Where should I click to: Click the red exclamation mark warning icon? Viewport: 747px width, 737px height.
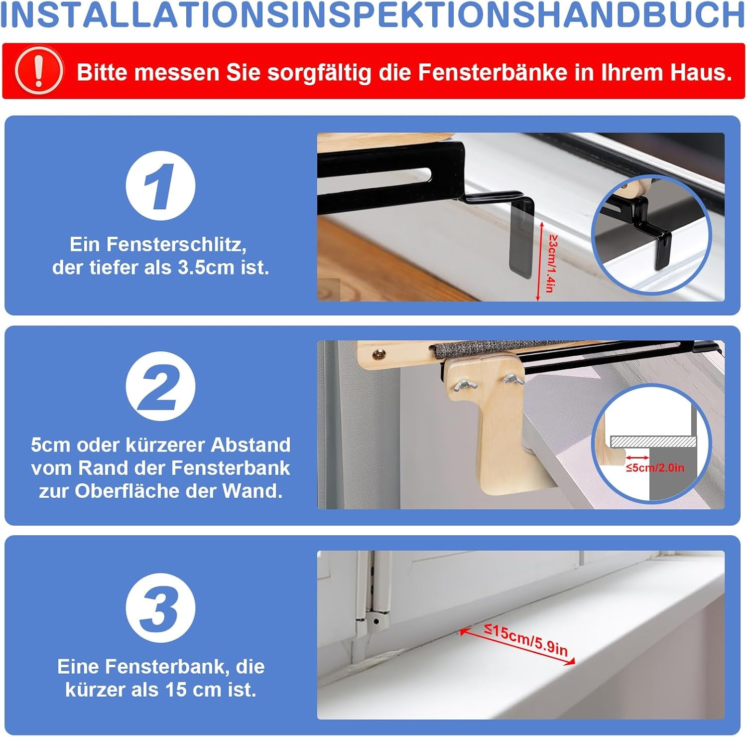click(x=39, y=71)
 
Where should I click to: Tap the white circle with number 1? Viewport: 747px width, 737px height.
click(x=160, y=186)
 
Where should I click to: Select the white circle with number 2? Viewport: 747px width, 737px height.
click(x=160, y=386)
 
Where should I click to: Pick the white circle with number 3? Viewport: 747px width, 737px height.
click(x=160, y=607)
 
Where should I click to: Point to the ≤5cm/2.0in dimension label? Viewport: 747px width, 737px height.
click(x=655, y=468)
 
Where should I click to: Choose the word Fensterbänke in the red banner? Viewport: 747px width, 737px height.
click(x=492, y=72)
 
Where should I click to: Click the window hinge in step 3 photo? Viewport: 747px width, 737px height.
click(x=373, y=613)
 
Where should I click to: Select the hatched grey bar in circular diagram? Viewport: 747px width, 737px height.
click(x=652, y=441)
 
